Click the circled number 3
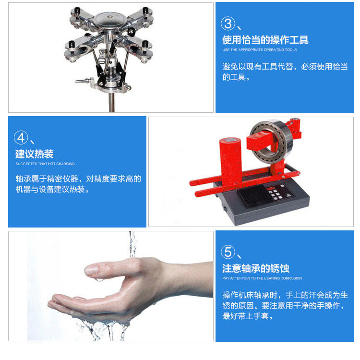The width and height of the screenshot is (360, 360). pos(228,24)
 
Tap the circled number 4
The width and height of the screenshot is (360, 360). pos(21,138)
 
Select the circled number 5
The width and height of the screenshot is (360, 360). pos(228,252)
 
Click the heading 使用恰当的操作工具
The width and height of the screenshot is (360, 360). pos(265,40)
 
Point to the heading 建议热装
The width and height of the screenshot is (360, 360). pos(35,154)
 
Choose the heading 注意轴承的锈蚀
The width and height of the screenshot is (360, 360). pos(256,268)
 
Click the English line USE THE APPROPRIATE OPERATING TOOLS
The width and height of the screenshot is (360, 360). pos(259,50)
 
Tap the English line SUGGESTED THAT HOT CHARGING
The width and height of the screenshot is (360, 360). pos(45,164)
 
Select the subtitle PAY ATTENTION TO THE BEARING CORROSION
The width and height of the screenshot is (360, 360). pos(262,278)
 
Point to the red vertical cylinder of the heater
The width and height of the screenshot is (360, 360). pos(230,161)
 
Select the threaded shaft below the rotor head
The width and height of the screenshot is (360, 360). pos(111,102)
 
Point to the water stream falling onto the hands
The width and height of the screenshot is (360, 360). pos(132,244)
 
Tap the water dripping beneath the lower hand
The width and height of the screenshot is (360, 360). pos(103,328)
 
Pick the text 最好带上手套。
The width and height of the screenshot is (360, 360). pos(248,316)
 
